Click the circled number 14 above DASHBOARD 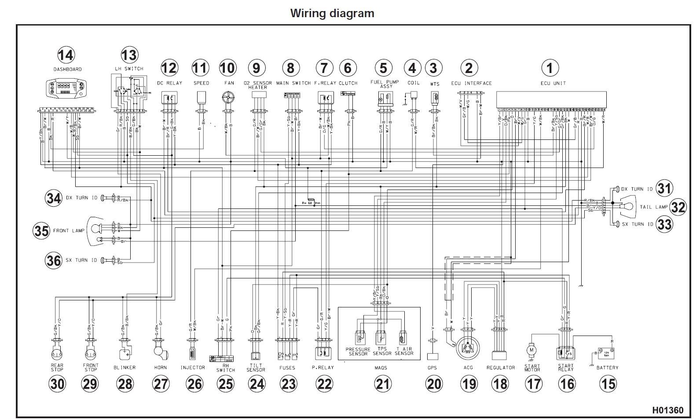(x=66, y=55)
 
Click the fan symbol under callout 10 (x=228, y=98)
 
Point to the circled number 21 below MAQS (x=383, y=384)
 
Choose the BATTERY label (x=608, y=368)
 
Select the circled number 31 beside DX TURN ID (x=664, y=189)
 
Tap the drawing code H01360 (x=668, y=410)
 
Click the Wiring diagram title (x=332, y=13)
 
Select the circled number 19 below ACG (x=469, y=384)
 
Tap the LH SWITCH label (x=129, y=69)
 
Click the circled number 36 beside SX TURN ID (x=54, y=260)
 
